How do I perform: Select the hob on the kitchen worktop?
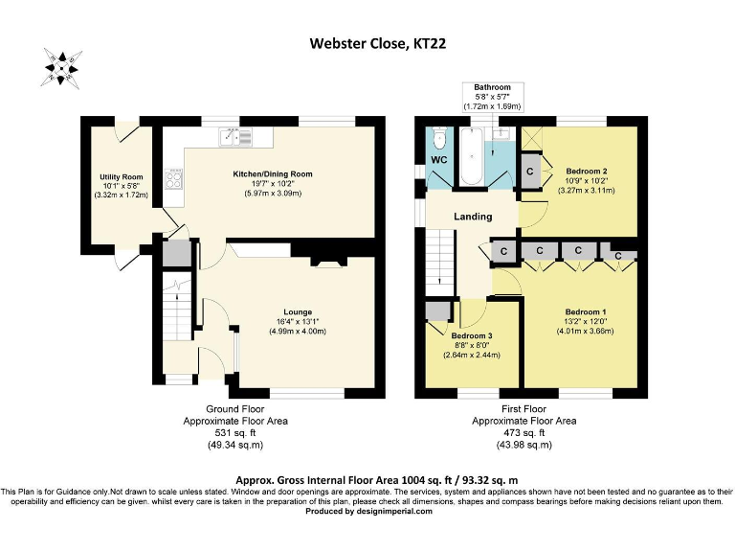[x=175, y=178]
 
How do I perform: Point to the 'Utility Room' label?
[x=121, y=177]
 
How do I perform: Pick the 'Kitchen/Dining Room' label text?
[x=273, y=173]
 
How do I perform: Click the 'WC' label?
[x=438, y=158]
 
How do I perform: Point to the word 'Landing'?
[x=473, y=217]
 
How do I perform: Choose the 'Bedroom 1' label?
[x=585, y=312]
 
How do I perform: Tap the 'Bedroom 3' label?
[x=472, y=335]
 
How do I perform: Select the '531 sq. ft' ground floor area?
[x=234, y=432]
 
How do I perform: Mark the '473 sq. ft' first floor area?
[x=524, y=432]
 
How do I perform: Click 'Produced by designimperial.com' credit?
[x=367, y=511]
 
